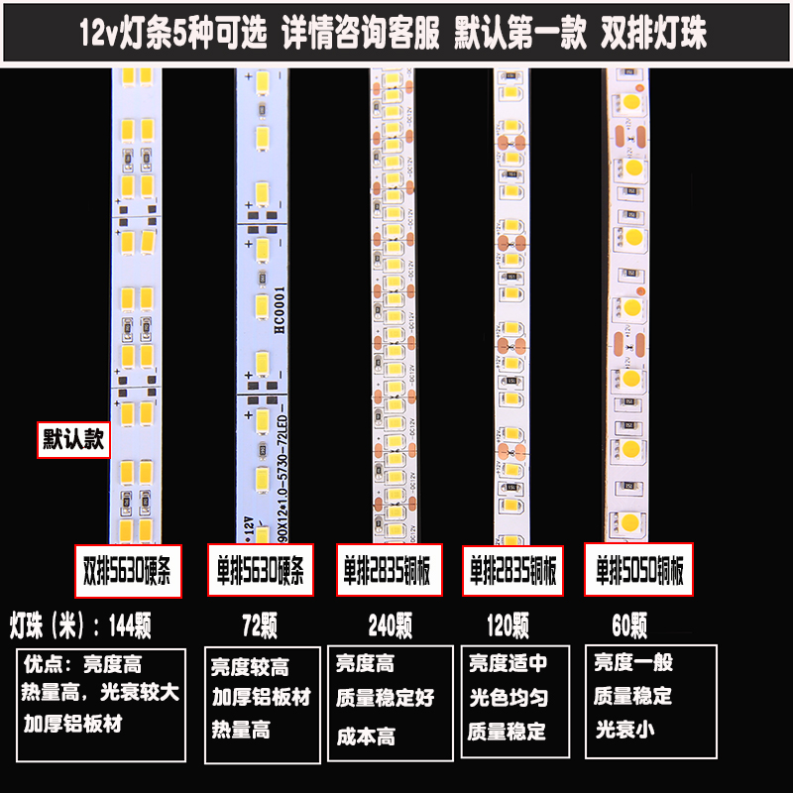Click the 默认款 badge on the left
coord(72,438)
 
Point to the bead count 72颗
coord(260,625)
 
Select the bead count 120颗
coord(508,625)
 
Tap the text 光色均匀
coord(508,698)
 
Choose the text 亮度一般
coord(632,662)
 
